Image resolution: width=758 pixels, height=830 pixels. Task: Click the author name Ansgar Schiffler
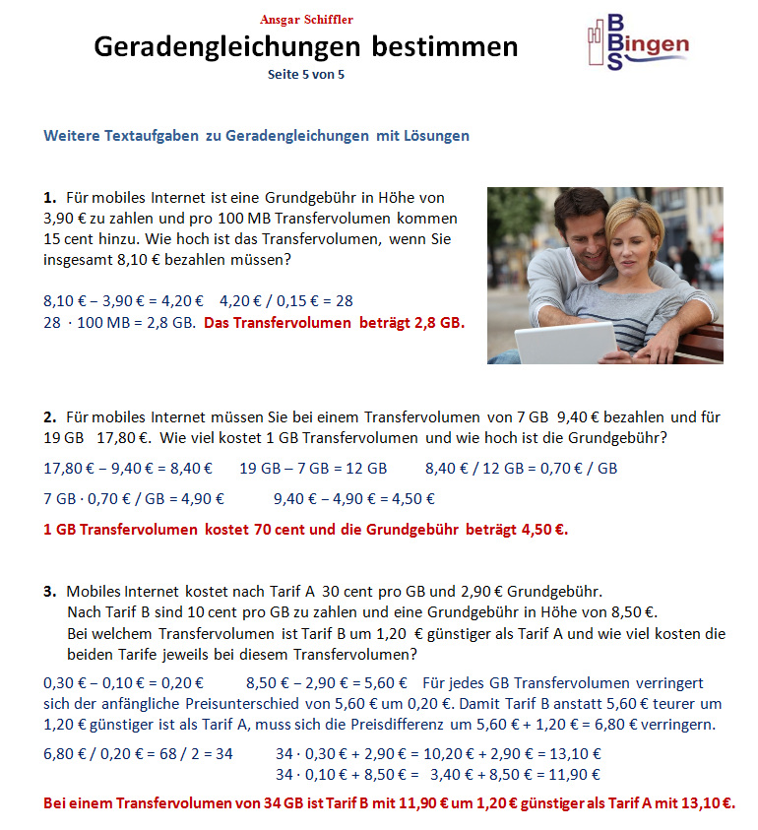pos(305,20)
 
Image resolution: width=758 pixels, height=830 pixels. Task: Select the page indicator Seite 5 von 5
pos(305,74)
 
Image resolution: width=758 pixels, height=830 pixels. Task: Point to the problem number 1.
pos(49,198)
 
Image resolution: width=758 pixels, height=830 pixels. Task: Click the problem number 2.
pos(49,417)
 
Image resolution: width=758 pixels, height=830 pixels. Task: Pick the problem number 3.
pos(49,592)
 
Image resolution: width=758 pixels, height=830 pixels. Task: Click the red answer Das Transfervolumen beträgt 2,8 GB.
pos(334,323)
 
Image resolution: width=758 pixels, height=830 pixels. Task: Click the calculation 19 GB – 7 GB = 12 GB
pos(313,469)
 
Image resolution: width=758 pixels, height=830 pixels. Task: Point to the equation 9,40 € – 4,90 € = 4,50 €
pos(354,499)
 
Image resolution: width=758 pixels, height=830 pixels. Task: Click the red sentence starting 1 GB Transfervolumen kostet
pos(306,530)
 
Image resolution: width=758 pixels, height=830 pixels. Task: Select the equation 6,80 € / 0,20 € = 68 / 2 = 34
pos(139,754)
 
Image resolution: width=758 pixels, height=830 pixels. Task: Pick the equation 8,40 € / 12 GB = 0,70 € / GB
pos(521,469)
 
